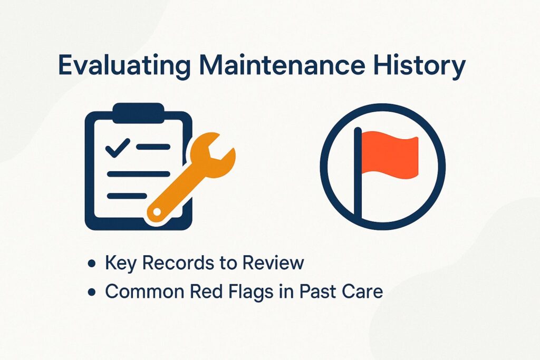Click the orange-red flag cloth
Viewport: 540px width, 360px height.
(x=391, y=153)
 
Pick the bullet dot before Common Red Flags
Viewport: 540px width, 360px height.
(x=93, y=291)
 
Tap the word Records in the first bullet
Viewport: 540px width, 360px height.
(x=169, y=263)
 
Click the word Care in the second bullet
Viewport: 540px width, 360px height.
(x=362, y=291)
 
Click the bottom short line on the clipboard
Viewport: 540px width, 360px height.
(x=127, y=196)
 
